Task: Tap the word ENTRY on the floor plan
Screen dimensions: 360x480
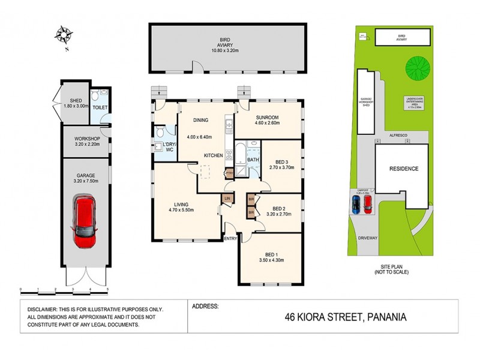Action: point(230,239)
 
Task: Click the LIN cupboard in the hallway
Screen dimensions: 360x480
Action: point(227,197)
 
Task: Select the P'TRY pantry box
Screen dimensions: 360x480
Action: point(229,173)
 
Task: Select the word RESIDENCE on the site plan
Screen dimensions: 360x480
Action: point(404,169)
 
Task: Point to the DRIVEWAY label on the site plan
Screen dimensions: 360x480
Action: point(367,238)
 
